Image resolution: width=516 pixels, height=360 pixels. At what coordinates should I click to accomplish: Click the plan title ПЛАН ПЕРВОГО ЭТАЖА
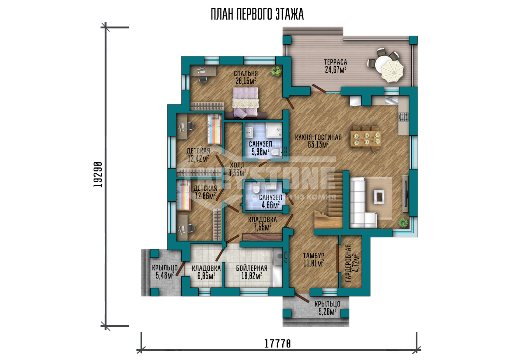(257, 14)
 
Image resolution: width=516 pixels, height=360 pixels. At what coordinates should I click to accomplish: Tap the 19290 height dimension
(98, 175)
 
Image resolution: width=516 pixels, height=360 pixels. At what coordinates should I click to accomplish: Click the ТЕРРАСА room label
(336, 62)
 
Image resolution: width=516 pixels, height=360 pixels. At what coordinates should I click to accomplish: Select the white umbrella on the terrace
(392, 71)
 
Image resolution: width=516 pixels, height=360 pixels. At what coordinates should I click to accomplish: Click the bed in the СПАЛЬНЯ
(245, 102)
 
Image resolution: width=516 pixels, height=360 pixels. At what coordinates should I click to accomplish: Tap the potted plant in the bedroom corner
(276, 71)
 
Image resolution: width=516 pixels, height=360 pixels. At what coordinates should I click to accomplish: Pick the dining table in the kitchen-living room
(366, 139)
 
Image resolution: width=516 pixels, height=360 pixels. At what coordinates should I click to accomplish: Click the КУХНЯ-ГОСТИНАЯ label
(318, 137)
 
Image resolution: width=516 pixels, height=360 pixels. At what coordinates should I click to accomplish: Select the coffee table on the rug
(379, 197)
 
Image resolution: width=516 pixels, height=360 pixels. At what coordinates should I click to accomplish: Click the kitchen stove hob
(404, 117)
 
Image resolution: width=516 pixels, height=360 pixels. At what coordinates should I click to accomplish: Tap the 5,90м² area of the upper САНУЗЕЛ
(261, 152)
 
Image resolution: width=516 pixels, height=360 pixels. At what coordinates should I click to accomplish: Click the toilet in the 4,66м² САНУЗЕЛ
(256, 188)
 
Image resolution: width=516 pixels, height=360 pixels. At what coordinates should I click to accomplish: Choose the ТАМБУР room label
(314, 256)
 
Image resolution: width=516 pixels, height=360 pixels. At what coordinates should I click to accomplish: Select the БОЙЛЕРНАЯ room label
(251, 268)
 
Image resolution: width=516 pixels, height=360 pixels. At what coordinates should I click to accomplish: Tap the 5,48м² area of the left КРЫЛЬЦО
(165, 276)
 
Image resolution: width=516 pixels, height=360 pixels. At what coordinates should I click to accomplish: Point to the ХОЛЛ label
(237, 165)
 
